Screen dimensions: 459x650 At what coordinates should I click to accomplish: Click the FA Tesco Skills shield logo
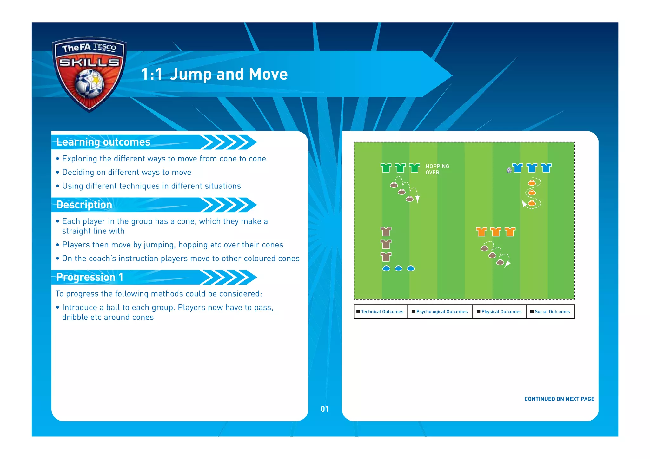coord(89,74)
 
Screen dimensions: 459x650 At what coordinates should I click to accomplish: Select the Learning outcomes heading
coord(103,142)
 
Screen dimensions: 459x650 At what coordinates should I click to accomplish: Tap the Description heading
coord(84,205)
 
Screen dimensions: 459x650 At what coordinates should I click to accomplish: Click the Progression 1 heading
coord(90,277)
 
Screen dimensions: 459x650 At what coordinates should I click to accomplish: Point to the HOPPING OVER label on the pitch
coord(437,169)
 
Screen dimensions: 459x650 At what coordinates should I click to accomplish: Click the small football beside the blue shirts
coord(509,170)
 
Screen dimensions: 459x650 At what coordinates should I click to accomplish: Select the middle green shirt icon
coord(400,168)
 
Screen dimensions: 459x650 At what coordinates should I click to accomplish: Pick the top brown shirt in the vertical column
coord(386,232)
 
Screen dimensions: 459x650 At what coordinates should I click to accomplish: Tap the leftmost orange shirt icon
coord(481,232)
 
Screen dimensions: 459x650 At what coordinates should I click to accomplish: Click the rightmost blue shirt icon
coord(546,168)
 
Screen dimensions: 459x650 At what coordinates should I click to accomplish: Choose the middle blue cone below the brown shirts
coord(398,269)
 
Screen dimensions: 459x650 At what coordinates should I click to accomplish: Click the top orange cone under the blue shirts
coord(532,183)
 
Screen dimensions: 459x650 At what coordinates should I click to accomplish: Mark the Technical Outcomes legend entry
coord(380,312)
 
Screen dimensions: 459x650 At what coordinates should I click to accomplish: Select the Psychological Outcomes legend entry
coord(440,312)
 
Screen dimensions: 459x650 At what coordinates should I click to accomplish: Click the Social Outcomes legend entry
coord(550,312)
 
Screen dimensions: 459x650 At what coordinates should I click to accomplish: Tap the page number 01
coord(325,409)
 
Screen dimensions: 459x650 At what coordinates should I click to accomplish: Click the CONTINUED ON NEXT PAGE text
coord(559,399)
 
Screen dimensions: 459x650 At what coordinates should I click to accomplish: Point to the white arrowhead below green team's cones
coord(418,199)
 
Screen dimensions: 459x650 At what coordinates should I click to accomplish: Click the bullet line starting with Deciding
coord(127,172)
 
